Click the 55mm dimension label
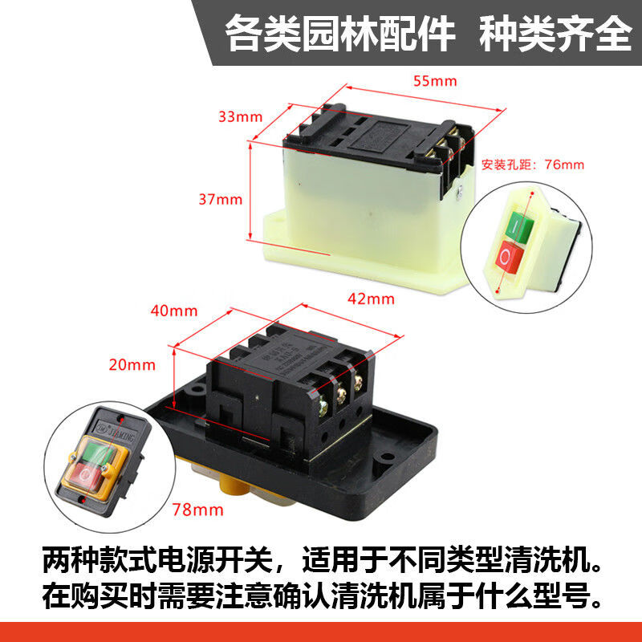click(x=434, y=81)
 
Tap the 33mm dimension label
click(x=240, y=116)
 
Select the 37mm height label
click(x=220, y=199)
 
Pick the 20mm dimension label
click(x=132, y=364)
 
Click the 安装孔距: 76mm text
click(x=533, y=165)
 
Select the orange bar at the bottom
click(x=321, y=632)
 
